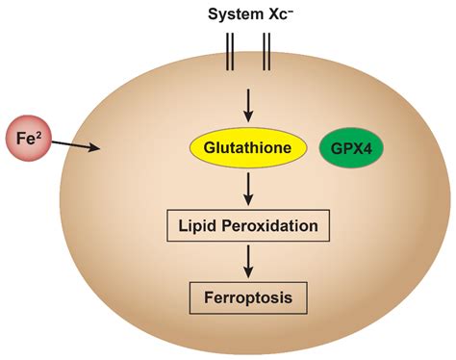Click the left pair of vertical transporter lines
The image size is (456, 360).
(230, 53)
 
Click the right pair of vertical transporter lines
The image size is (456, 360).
(267, 53)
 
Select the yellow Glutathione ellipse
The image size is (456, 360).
(249, 147)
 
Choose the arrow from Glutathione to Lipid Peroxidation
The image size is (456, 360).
(249, 187)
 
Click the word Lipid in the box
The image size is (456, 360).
(198, 226)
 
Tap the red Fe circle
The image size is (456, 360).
(30, 137)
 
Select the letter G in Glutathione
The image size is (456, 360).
(205, 147)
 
